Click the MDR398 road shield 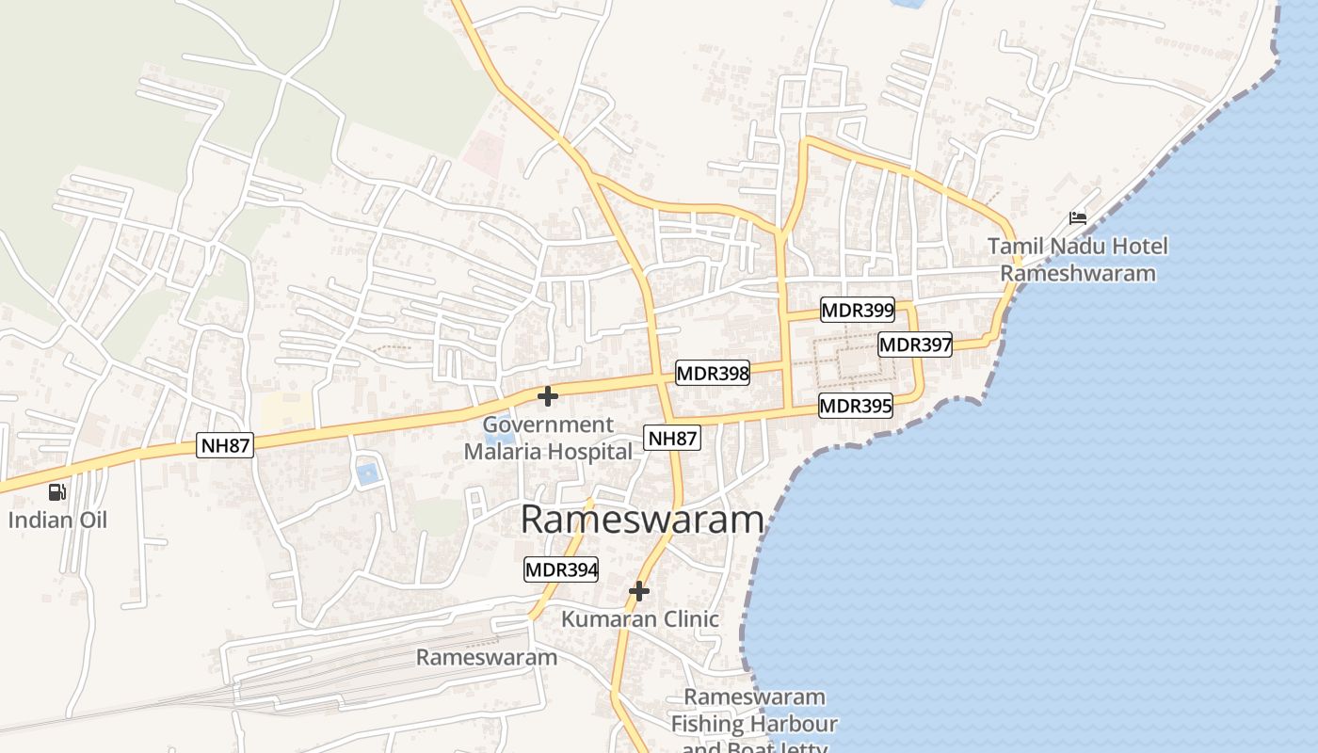coord(713,374)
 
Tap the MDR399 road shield coord(858,310)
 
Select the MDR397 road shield coord(915,344)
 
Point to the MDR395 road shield coord(855,406)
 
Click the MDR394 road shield coord(561,569)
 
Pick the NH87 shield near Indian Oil coord(226,445)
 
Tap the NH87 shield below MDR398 coord(673,437)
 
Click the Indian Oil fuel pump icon coord(57,491)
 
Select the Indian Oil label coord(58,520)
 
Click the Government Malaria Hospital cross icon coord(547,396)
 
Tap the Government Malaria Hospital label coord(548,439)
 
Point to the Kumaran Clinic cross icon coord(639,591)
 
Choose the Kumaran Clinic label coord(640,619)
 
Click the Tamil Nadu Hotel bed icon coord(1078,218)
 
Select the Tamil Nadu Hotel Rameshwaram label coord(1077,260)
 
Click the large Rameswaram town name coord(641,520)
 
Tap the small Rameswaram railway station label coord(487,657)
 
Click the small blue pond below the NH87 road coord(367,473)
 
